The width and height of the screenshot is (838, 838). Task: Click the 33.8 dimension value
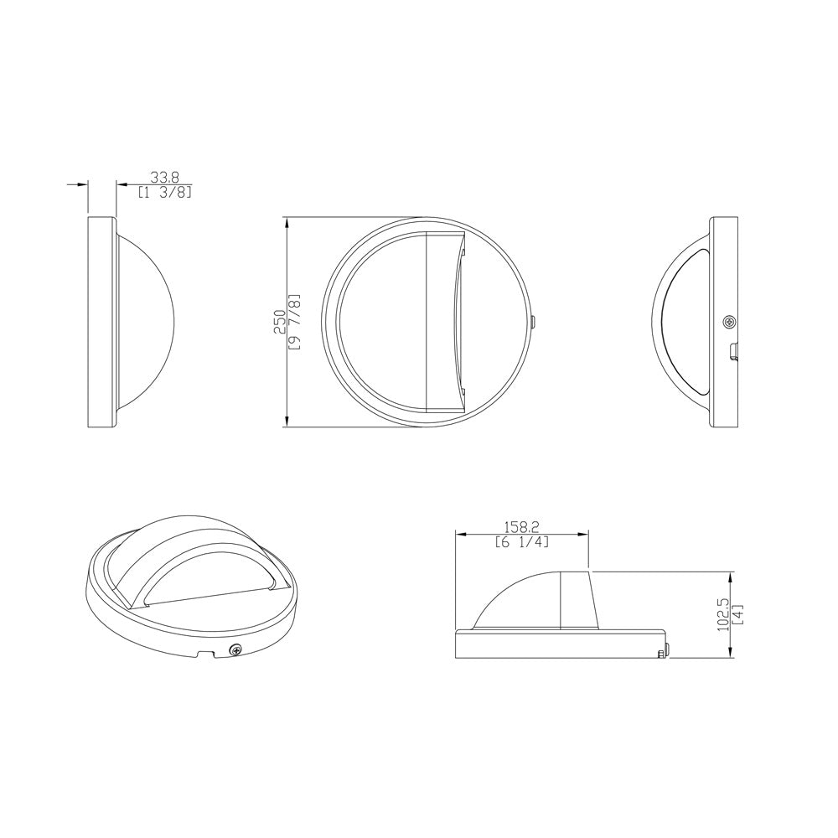tap(164, 177)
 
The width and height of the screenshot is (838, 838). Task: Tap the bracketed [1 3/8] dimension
tap(165, 192)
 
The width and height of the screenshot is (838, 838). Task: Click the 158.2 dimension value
tap(521, 527)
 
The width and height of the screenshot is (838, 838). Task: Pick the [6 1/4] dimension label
tap(521, 542)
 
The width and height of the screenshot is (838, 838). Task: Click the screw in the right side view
tap(731, 322)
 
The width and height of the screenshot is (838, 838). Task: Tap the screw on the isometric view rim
tap(237, 649)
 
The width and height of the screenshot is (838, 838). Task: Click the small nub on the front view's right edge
tap(533, 322)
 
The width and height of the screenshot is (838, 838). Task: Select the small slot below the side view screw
tap(734, 351)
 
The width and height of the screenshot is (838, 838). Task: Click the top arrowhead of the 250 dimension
tap(287, 223)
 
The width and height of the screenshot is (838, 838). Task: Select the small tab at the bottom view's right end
tap(663, 654)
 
